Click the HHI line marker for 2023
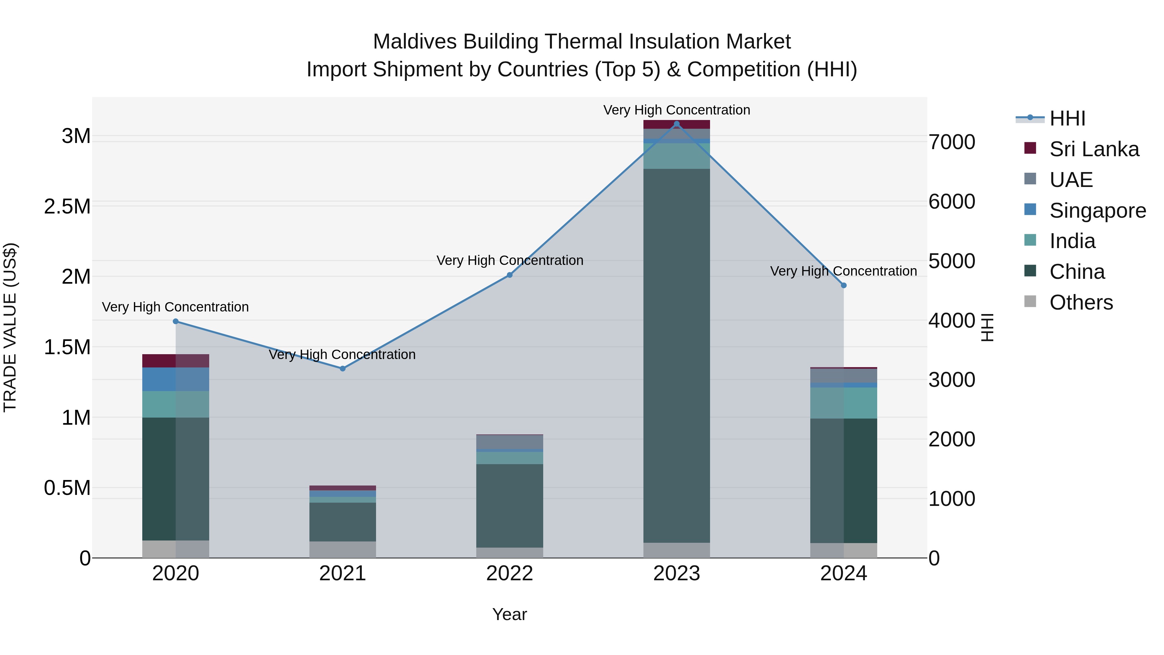676,124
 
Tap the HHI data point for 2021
342,368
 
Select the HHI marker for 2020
176,322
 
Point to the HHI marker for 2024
844,285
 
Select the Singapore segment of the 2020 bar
176,379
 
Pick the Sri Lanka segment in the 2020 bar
176,361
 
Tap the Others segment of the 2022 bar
510,552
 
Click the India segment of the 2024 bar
844,403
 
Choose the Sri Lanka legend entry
1094,149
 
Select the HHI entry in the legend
1067,118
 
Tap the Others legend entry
1081,302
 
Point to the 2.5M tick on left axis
67,207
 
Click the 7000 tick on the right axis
952,142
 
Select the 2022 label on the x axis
510,573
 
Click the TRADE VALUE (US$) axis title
10,327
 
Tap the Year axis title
510,614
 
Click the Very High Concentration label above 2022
510,260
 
